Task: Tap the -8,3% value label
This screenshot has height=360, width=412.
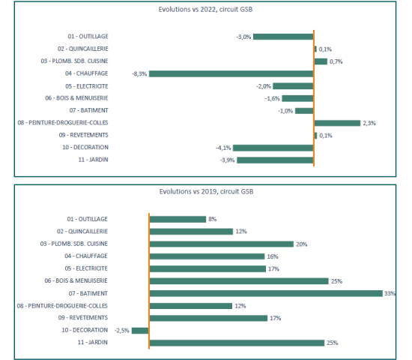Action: (x=139, y=73)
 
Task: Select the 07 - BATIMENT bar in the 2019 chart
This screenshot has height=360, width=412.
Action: (x=266, y=293)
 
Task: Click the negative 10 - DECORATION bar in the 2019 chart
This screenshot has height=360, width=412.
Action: (x=140, y=330)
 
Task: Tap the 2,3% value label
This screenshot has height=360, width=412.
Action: (x=369, y=123)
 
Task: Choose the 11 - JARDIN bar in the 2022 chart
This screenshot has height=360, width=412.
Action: (x=275, y=160)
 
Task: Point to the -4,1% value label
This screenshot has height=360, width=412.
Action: (x=223, y=148)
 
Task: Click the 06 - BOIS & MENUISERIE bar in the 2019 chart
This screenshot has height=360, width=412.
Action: (x=239, y=281)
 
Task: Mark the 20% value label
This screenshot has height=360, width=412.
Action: (x=301, y=244)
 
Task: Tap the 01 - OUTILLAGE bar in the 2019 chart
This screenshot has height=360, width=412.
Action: (x=178, y=219)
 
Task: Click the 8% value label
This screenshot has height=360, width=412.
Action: (x=212, y=219)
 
